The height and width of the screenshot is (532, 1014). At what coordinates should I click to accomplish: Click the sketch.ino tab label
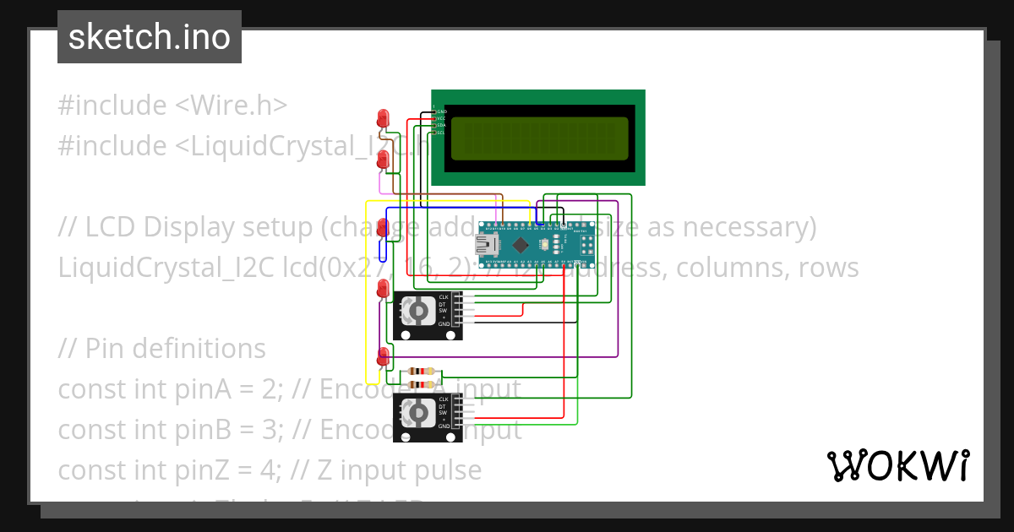(149, 37)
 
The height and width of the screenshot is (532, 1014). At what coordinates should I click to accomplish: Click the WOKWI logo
(897, 465)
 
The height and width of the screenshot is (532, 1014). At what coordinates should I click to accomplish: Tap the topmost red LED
(384, 117)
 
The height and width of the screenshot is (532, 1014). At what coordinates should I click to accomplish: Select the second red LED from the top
(383, 159)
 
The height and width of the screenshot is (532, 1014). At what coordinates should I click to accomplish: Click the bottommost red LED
(383, 355)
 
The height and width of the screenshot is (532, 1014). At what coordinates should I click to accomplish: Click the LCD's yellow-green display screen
(539, 138)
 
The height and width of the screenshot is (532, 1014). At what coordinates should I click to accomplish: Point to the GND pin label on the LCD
(441, 111)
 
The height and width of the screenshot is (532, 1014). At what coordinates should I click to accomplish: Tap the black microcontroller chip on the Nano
(521, 246)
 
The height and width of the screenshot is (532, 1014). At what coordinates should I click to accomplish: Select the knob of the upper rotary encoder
(417, 312)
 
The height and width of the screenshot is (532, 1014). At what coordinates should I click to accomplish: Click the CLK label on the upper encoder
(443, 296)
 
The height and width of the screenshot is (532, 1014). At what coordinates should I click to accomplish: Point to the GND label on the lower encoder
(443, 427)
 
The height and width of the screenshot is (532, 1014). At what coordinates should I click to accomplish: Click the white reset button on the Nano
(543, 246)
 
